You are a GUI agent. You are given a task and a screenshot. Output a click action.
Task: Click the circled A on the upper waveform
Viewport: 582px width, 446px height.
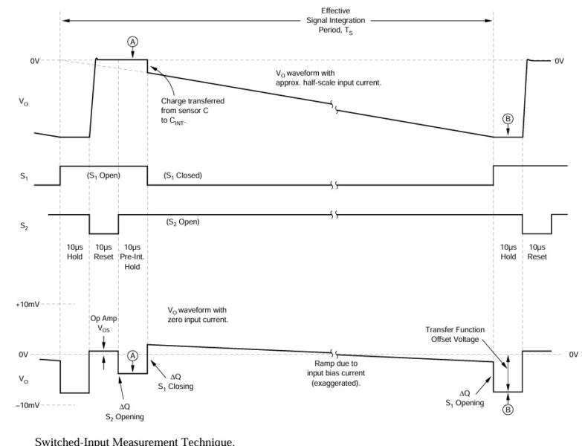133,42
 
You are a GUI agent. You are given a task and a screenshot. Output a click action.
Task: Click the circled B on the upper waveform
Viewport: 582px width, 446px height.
508,119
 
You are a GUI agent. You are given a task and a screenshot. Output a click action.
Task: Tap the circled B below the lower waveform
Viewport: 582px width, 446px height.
508,409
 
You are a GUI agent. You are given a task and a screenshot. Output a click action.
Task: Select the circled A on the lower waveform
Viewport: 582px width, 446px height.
133,355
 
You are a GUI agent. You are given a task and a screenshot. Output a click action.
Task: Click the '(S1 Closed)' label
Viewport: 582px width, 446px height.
183,175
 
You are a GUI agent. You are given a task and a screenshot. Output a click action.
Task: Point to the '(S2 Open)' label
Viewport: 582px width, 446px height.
182,222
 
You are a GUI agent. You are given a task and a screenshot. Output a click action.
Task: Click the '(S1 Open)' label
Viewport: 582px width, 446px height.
103,175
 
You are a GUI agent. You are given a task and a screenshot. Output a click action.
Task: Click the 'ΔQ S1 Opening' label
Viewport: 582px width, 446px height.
465,398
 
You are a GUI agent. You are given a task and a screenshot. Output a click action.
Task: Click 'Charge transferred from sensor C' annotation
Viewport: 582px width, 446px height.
192,110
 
